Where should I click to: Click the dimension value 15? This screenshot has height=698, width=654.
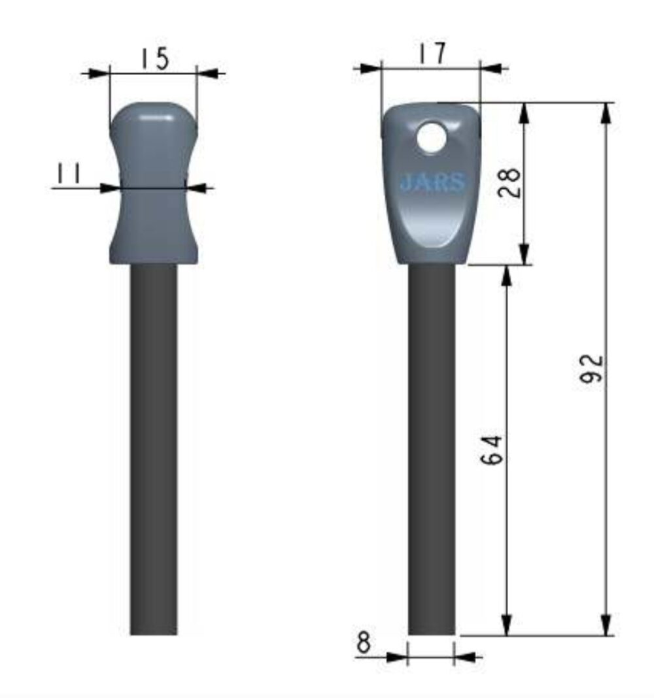(x=154, y=58)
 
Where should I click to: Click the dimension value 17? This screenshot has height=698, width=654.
(x=432, y=54)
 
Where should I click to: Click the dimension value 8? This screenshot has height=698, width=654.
(x=364, y=642)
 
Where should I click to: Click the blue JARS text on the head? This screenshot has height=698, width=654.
(x=432, y=182)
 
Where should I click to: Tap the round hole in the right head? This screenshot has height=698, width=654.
(x=432, y=138)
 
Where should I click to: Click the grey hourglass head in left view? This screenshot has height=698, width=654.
(x=154, y=183)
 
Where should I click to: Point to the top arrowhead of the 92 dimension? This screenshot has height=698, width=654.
(x=606, y=113)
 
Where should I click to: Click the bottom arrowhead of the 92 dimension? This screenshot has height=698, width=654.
(x=606, y=624)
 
